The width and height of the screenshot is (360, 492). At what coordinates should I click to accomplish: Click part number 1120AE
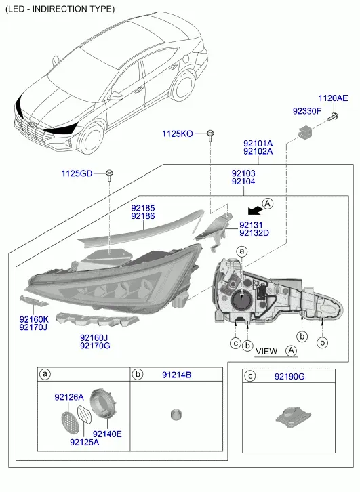(x=333, y=98)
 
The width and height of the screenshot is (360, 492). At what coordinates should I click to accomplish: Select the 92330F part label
(x=307, y=111)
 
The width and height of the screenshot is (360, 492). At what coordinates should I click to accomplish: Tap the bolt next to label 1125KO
(x=210, y=136)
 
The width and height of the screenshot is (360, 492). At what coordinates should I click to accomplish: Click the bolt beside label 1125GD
(x=110, y=175)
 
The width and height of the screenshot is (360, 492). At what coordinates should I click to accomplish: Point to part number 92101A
(x=258, y=144)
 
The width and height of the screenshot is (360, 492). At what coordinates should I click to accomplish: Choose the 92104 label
(x=243, y=182)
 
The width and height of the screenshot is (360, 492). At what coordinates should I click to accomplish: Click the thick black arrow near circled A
(x=255, y=211)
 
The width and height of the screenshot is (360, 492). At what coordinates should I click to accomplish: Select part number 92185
(x=143, y=208)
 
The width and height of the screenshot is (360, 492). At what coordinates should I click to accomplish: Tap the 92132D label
(x=254, y=233)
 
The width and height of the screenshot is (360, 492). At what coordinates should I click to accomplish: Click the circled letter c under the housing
(x=235, y=343)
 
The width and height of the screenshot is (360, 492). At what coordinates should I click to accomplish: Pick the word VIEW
(x=266, y=352)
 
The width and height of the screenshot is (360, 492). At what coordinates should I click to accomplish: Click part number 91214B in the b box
(x=177, y=375)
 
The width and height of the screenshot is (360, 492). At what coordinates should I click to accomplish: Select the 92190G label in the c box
(x=289, y=376)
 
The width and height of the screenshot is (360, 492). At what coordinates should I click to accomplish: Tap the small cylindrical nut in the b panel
(x=176, y=415)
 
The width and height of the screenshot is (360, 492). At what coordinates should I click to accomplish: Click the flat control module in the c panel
(x=294, y=415)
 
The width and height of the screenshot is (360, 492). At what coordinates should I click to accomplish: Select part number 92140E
(x=107, y=434)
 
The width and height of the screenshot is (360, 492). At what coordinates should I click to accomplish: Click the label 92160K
(x=34, y=319)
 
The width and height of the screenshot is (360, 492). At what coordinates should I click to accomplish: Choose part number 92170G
(x=95, y=346)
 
